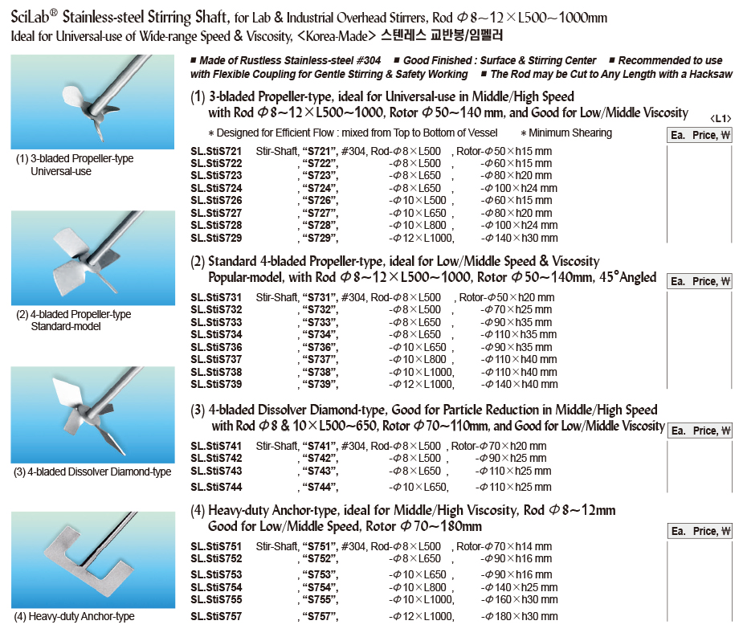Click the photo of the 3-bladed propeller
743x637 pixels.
pyautogui.click(x=92, y=102)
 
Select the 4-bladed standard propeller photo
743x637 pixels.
pyautogui.click(x=92, y=257)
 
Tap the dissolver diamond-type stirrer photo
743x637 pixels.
pyautogui.click(x=92, y=414)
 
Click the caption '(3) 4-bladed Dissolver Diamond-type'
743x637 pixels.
pyautogui.click(x=92, y=472)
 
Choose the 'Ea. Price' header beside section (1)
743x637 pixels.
pyautogui.click(x=700, y=135)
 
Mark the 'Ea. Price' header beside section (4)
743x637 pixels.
pyautogui.click(x=700, y=531)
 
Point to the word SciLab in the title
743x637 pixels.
pyautogui.click(x=36, y=18)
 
